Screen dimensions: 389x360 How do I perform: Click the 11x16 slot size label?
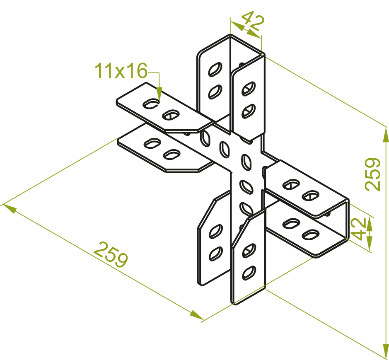[x=121, y=71]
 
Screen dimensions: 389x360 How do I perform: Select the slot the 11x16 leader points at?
[x=151, y=104]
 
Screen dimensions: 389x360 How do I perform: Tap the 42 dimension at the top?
[x=253, y=22]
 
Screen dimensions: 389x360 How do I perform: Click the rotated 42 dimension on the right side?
[x=358, y=229]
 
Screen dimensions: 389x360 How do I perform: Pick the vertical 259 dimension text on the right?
[x=372, y=174]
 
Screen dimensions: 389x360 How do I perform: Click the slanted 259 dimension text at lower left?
[x=111, y=254]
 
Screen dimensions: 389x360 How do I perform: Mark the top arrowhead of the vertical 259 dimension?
[x=386, y=135]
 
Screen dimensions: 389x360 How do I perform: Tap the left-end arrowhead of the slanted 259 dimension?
[x=10, y=208]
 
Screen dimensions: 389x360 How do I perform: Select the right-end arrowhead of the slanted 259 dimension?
[x=196, y=315]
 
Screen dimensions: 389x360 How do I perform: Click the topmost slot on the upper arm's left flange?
[x=215, y=69]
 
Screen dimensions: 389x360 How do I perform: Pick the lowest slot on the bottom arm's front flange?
[x=249, y=273]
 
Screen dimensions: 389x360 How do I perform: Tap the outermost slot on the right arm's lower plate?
[x=310, y=235]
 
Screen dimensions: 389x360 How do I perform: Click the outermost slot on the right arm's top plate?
[x=310, y=196]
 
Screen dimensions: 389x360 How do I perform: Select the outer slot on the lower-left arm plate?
[x=152, y=143]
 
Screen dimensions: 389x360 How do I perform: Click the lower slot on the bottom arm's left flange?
[x=215, y=254]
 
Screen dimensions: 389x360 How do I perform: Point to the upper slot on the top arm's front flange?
[x=249, y=89]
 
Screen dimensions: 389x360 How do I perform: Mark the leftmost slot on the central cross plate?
[x=205, y=138]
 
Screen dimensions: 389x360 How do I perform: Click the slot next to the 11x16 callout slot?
[x=171, y=115]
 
